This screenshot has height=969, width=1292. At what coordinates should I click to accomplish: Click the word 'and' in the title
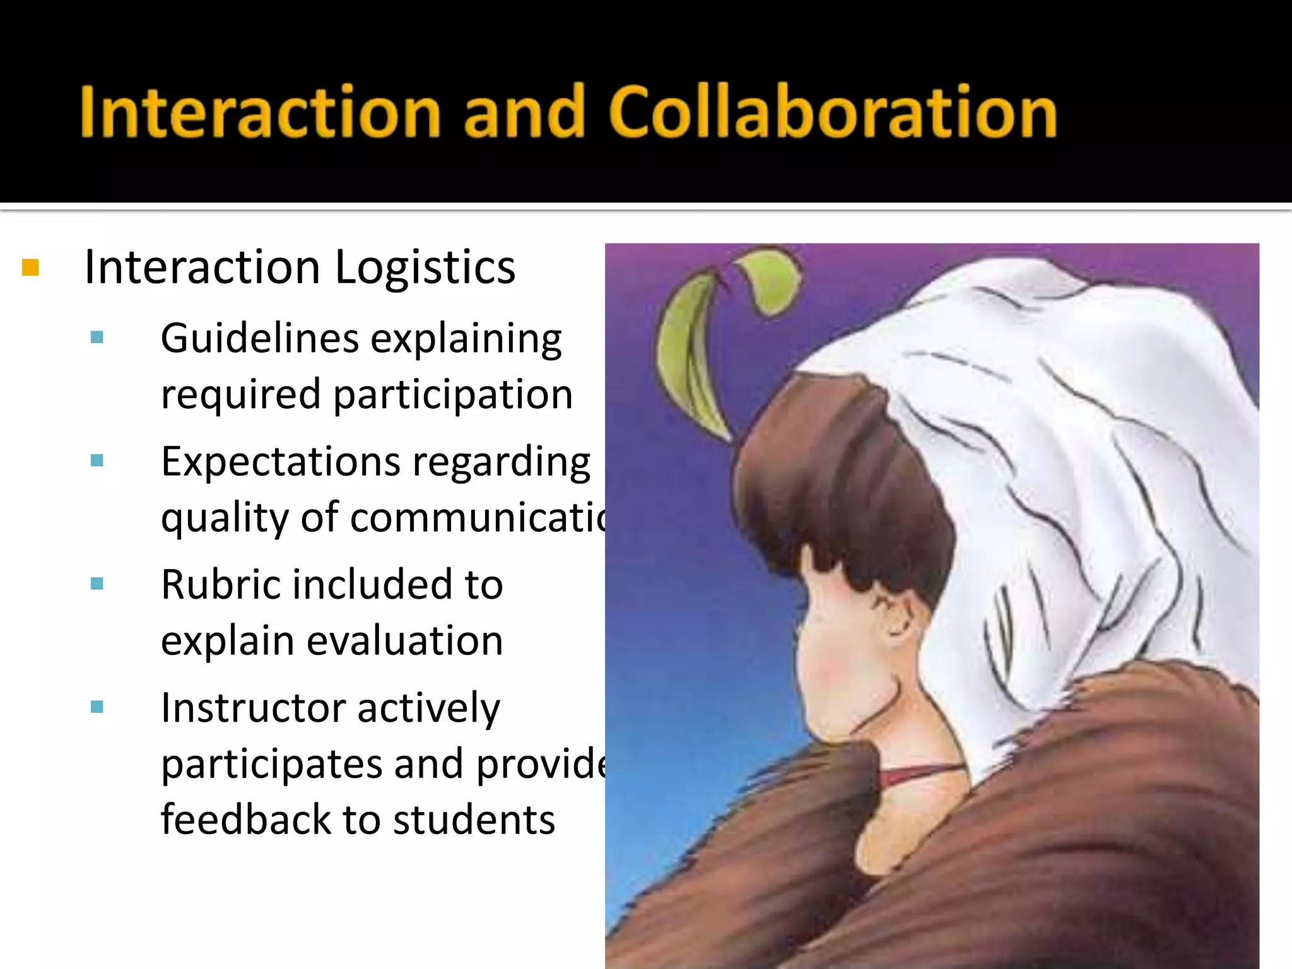point(524,112)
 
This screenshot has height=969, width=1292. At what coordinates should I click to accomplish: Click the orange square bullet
point(30,267)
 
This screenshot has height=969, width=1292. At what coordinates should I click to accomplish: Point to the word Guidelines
point(262,339)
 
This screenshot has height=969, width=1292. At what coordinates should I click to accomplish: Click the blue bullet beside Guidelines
point(97,338)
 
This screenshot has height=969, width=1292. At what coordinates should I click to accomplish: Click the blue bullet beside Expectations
point(97,461)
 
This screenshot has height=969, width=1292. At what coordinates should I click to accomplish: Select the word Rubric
point(219,585)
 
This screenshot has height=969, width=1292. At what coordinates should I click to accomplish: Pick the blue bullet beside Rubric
point(97,584)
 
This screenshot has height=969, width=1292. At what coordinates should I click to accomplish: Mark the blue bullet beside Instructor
point(97,707)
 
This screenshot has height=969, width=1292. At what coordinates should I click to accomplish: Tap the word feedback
point(245,819)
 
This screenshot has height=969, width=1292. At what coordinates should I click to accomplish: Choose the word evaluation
point(404,641)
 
